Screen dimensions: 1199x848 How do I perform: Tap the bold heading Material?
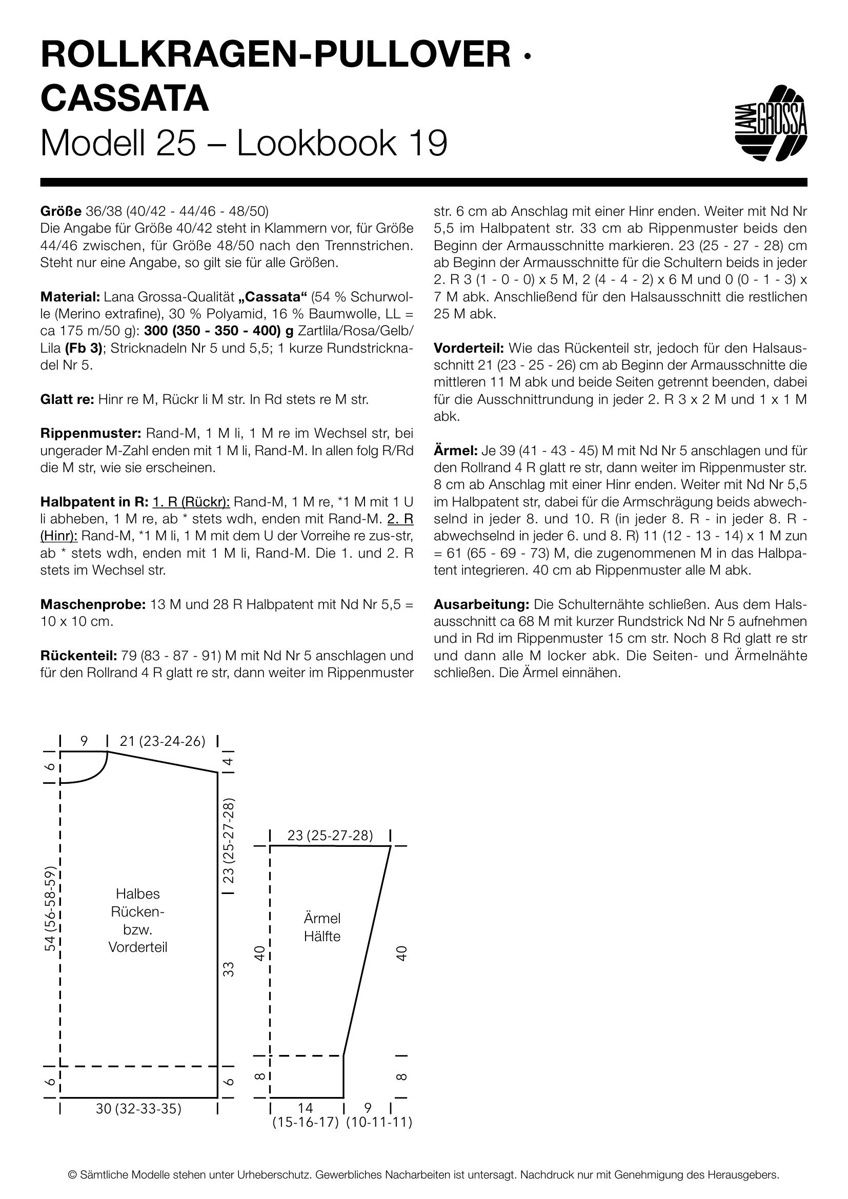[x=70, y=297]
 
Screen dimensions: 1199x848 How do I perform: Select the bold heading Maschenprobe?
[x=93, y=604]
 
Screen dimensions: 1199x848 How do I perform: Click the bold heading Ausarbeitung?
[x=481, y=604]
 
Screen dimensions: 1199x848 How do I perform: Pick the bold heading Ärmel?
[x=452, y=450]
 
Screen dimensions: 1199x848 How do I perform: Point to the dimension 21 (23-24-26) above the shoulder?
[x=162, y=742]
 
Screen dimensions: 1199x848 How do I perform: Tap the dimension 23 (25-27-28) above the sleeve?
[x=330, y=836]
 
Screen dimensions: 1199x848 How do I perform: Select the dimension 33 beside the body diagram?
[x=228, y=969]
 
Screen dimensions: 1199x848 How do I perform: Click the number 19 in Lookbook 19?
[x=429, y=143]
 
